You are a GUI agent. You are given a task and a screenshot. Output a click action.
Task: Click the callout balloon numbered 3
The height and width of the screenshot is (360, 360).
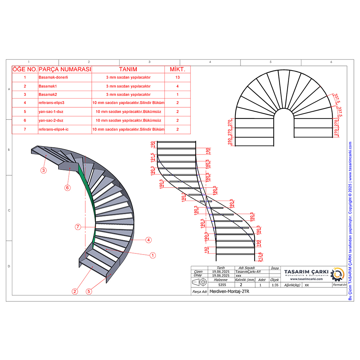click(44, 170)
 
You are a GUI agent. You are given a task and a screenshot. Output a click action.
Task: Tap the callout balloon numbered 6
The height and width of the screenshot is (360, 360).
click(67, 187)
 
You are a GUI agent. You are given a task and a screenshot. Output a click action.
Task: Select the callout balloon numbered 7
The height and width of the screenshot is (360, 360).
click(78, 227)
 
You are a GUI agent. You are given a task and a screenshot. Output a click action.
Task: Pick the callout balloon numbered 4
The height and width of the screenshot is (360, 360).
click(148, 239)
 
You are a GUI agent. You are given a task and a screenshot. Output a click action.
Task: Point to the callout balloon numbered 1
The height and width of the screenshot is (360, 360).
click(153, 255)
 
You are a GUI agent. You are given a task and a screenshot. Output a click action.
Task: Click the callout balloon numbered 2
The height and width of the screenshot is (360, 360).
click(75, 291)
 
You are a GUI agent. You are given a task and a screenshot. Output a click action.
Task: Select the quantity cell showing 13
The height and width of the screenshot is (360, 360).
click(177, 77)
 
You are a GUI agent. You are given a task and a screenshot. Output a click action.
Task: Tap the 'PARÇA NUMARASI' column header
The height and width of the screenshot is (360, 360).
click(65, 69)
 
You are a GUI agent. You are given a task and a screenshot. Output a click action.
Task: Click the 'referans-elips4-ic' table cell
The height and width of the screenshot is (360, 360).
click(54, 129)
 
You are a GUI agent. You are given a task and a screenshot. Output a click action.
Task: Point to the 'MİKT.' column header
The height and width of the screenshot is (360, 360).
click(177, 69)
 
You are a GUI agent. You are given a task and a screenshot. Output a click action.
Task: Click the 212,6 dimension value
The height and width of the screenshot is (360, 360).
click(260, 256)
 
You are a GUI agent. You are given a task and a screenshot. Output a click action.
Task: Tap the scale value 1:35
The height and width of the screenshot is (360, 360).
click(275, 284)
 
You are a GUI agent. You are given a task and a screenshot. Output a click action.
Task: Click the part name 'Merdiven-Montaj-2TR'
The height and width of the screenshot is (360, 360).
click(229, 292)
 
